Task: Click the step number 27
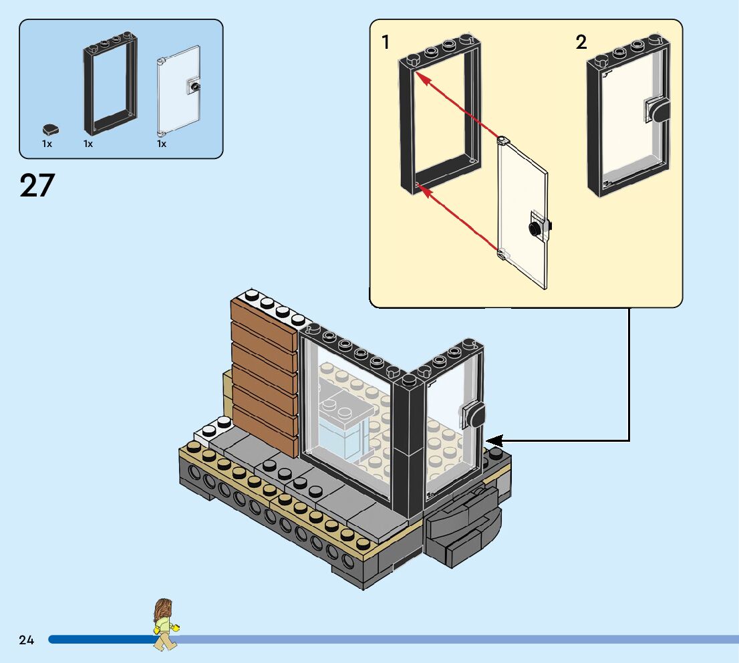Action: tap(37, 186)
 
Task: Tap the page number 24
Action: tap(27, 640)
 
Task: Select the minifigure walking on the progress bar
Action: tap(164, 624)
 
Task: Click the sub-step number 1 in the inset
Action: tap(386, 43)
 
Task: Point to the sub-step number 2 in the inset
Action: tap(581, 43)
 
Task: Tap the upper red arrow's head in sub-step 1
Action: tap(419, 77)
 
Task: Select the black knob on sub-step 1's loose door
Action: tap(535, 229)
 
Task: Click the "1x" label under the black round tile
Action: tap(47, 144)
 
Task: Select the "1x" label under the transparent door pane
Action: tap(162, 144)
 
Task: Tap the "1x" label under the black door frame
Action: tap(88, 144)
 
